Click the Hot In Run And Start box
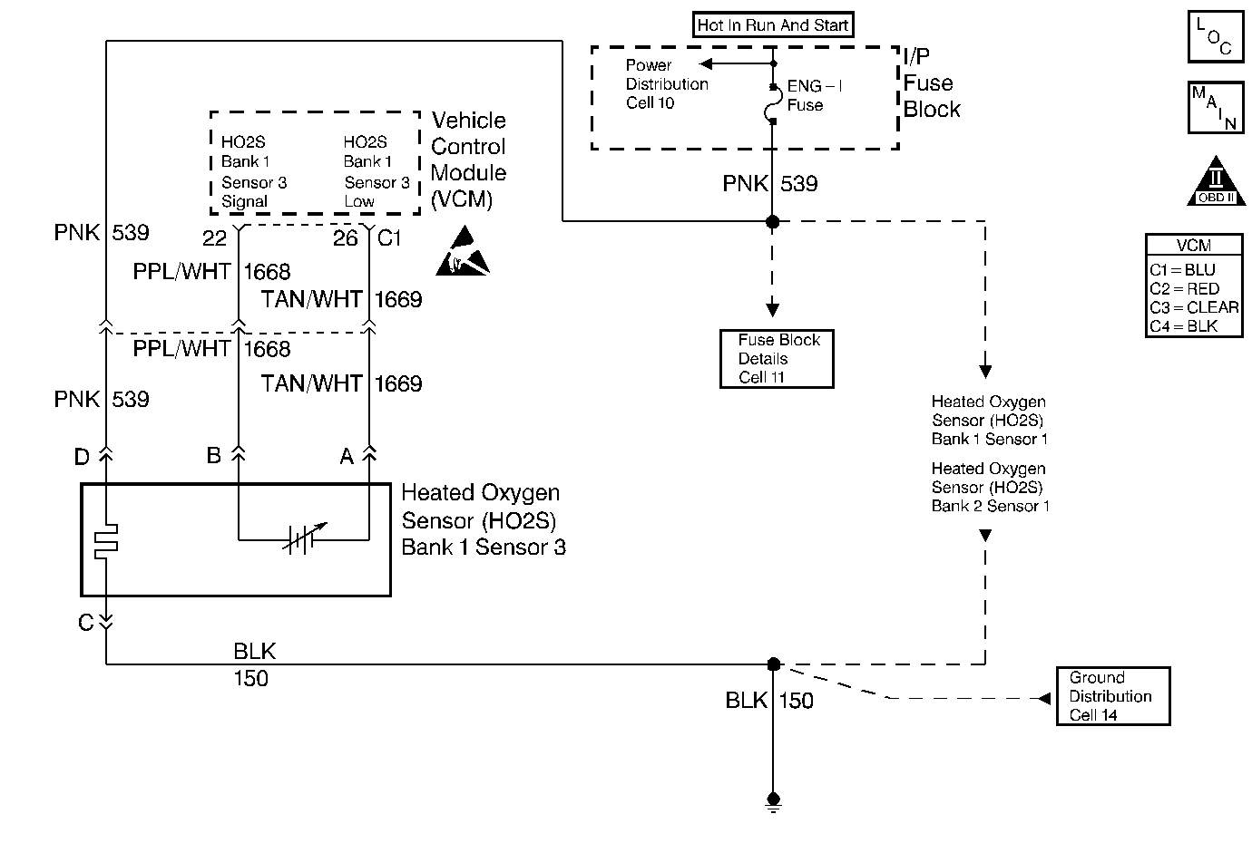point(773,25)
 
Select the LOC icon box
point(1215,37)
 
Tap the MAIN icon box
point(1215,107)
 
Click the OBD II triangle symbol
point(1215,183)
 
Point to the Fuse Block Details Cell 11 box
point(777,359)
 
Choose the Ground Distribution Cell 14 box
point(1113,696)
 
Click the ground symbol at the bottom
point(773,801)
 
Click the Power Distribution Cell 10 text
point(667,84)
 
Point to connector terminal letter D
point(82,457)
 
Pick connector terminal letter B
point(214,455)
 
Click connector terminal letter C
point(86,623)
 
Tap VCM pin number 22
point(214,238)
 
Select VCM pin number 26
point(346,238)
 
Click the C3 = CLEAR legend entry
point(1194,307)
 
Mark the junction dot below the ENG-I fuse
point(773,221)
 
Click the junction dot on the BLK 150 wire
point(773,664)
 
